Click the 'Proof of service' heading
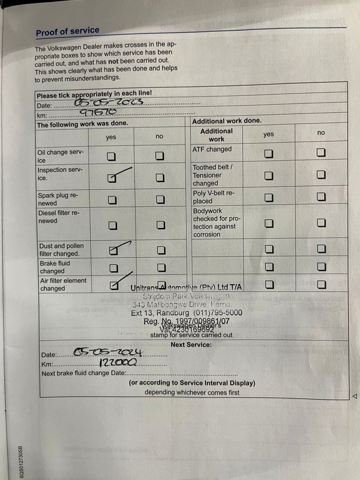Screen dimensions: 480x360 pyautogui.click(x=67, y=31)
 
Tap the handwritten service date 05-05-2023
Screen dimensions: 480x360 pyautogui.click(x=109, y=102)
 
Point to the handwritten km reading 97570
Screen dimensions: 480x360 pyautogui.click(x=98, y=112)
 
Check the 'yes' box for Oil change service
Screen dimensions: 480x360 pyautogui.click(x=111, y=156)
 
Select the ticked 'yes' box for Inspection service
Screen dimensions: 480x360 pyautogui.click(x=112, y=178)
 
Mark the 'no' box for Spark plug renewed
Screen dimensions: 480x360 pyautogui.click(x=160, y=199)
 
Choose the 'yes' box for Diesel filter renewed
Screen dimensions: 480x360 pyautogui.click(x=113, y=225)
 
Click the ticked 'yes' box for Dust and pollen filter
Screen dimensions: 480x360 pyautogui.click(x=113, y=250)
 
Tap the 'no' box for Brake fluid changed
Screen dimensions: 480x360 pyautogui.click(x=161, y=267)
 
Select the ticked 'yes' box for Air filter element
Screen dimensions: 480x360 pyautogui.click(x=114, y=286)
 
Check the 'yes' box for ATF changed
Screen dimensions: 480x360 pyautogui.click(x=268, y=154)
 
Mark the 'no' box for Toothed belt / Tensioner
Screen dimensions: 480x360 pyautogui.click(x=321, y=175)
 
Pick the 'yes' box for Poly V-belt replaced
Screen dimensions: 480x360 pyautogui.click(x=269, y=198)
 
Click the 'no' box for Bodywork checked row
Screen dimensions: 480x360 pyautogui.click(x=321, y=223)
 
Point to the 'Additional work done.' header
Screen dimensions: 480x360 pyautogui.click(x=227, y=121)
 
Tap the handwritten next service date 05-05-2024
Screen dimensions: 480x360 pyautogui.click(x=108, y=352)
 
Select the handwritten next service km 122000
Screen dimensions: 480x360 pyautogui.click(x=118, y=362)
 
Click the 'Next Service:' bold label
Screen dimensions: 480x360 pyautogui.click(x=191, y=344)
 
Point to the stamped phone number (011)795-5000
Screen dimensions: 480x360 pyautogui.click(x=218, y=312)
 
